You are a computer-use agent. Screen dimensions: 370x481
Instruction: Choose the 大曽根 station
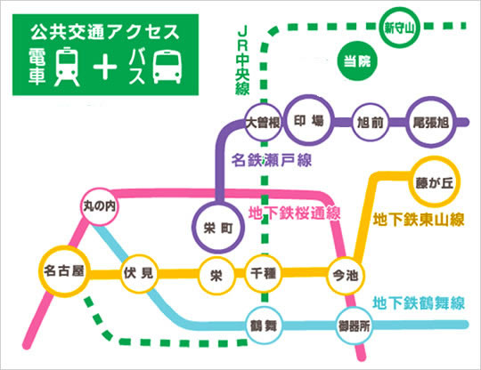click(x=264, y=123)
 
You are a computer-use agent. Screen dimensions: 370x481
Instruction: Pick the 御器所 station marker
click(x=353, y=325)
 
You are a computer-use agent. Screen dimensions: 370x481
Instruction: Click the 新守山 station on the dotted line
click(x=400, y=28)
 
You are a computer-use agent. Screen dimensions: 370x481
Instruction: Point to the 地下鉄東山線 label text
click(x=419, y=220)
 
